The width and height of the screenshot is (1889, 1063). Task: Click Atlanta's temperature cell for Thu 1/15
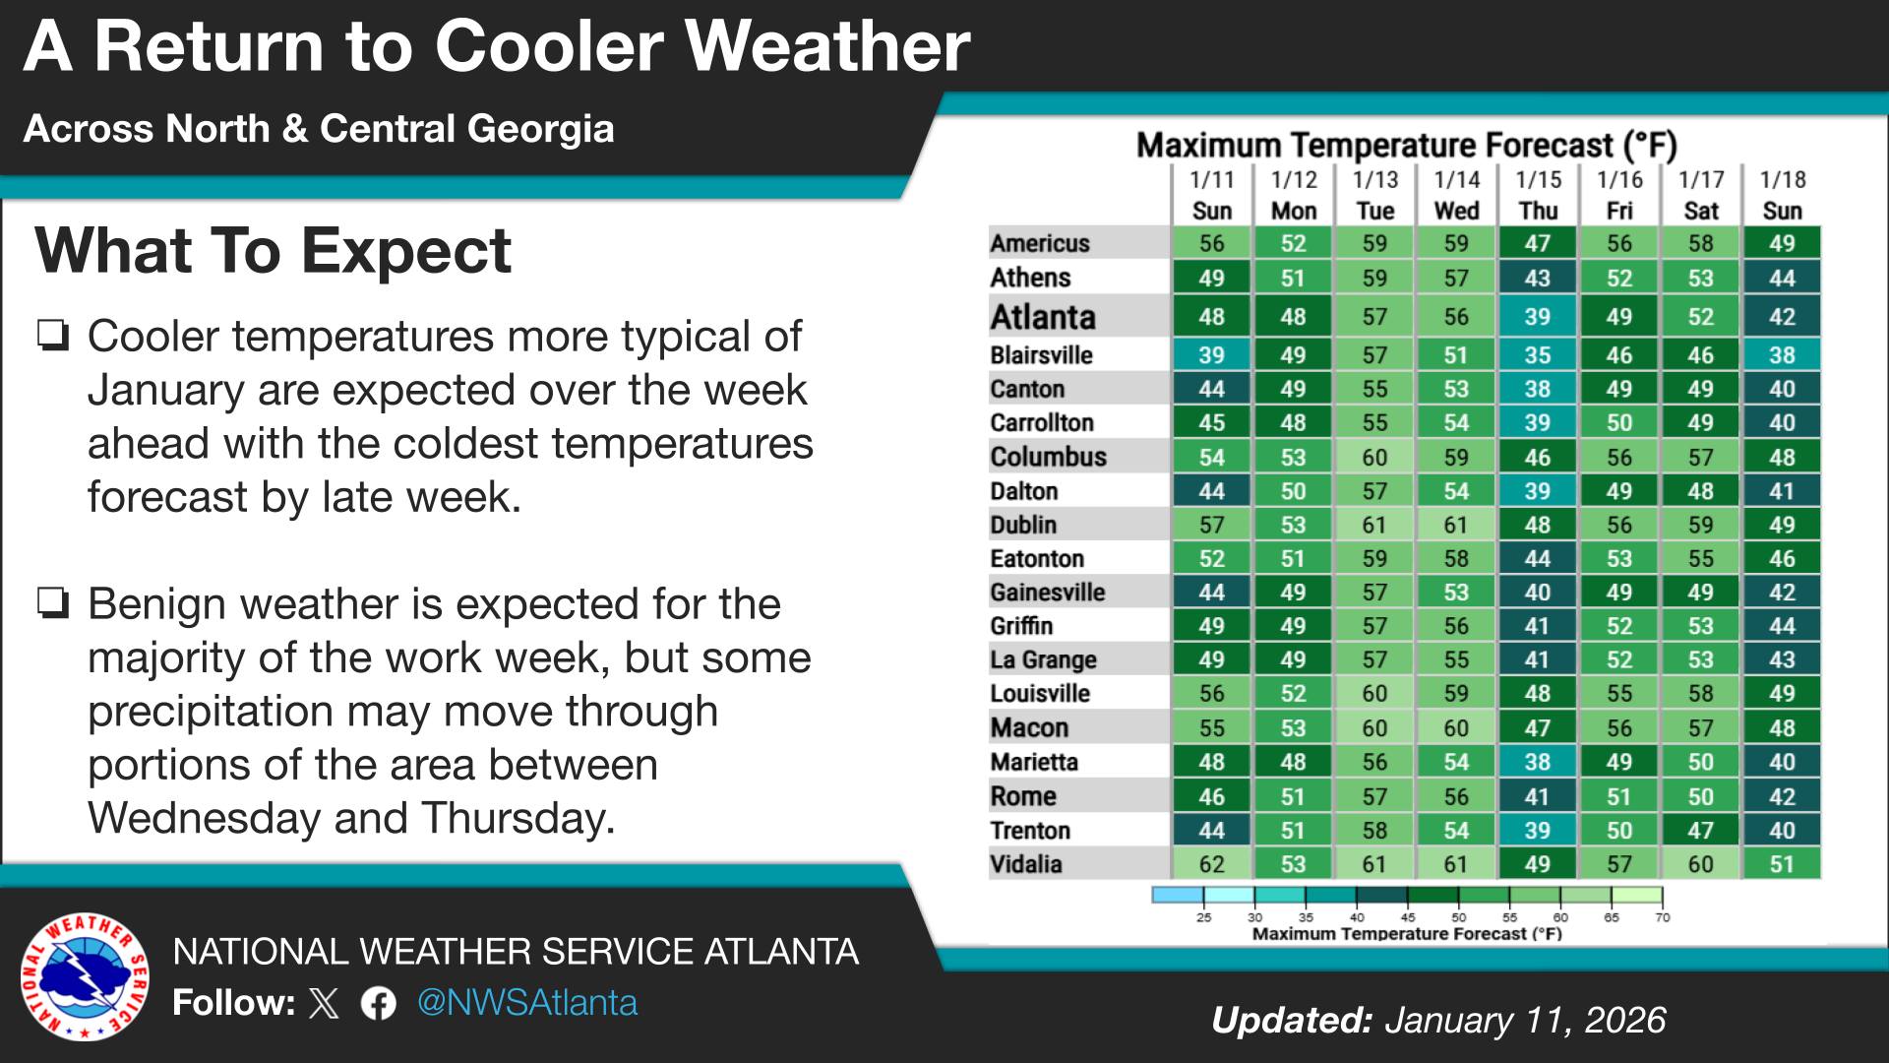1537,317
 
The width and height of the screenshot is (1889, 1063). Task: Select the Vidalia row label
1026,864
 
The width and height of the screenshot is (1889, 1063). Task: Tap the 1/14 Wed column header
1456,195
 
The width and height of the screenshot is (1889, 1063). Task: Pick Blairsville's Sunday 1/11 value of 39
1211,354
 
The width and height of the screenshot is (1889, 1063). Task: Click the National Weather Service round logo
86,976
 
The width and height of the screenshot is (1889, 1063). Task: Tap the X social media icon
324,1003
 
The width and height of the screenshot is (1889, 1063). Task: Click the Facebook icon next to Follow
378,1003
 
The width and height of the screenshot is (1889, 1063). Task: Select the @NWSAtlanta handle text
527,1003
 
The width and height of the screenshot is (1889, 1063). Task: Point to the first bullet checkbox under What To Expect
53,336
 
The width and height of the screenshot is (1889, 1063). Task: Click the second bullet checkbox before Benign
53,602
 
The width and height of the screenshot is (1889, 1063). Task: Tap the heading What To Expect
273,250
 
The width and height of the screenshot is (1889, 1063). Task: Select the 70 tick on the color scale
1662,916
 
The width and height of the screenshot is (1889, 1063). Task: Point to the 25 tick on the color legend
1203,916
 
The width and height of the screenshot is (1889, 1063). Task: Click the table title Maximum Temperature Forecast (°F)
1406,146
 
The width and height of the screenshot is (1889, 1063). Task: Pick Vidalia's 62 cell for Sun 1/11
1211,864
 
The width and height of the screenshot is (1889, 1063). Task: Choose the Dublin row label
1023,525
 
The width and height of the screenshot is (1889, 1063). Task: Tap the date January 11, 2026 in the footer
1525,1021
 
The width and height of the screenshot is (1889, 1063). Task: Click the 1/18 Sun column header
1782,195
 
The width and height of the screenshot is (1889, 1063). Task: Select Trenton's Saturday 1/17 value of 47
1700,830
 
